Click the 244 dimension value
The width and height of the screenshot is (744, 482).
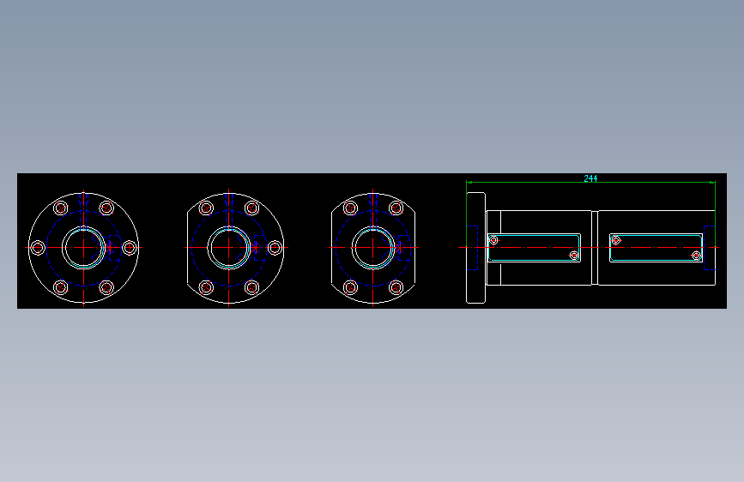(x=590, y=178)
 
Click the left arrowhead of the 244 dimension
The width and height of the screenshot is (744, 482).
(x=469, y=182)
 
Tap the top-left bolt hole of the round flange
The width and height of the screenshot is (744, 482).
(x=60, y=208)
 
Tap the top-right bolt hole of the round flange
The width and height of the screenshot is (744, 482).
(x=106, y=208)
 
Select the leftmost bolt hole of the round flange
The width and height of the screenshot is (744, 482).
(x=37, y=248)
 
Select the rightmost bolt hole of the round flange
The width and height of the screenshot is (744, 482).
(x=130, y=248)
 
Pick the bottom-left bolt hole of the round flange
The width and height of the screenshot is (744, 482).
(x=60, y=287)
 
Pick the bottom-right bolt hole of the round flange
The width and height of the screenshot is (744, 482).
(x=106, y=287)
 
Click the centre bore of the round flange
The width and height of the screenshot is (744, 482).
(x=83, y=247)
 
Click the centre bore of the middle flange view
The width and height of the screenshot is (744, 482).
(x=229, y=247)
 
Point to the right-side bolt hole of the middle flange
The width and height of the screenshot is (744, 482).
(x=275, y=248)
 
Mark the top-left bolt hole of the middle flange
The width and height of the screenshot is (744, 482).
(x=206, y=208)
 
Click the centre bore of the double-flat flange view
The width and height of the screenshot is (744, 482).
(x=373, y=247)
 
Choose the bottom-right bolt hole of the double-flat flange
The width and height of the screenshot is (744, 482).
(x=396, y=287)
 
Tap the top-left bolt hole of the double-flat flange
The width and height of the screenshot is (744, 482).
(x=350, y=208)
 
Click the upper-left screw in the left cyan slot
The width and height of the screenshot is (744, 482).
(x=493, y=240)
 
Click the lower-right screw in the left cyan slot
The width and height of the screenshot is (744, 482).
(x=575, y=255)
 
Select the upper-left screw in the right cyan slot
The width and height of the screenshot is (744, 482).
(x=615, y=240)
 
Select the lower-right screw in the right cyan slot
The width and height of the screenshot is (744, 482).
(x=697, y=255)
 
